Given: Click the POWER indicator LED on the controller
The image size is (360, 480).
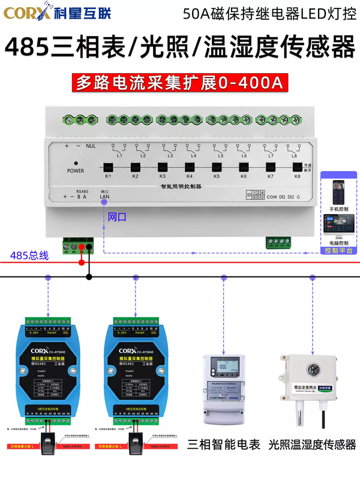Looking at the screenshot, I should [x=76, y=163].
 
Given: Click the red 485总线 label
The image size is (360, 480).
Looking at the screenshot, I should [x=30, y=256].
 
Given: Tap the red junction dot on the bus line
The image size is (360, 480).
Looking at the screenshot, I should [x=82, y=262].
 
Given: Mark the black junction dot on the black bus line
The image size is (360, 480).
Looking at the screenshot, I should [x=89, y=277].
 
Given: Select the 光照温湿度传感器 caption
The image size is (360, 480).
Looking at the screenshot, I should [x=312, y=445].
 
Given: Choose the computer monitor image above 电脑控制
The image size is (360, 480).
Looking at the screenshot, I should [x=339, y=226].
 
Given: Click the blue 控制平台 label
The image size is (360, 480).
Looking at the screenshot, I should [x=338, y=250].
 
